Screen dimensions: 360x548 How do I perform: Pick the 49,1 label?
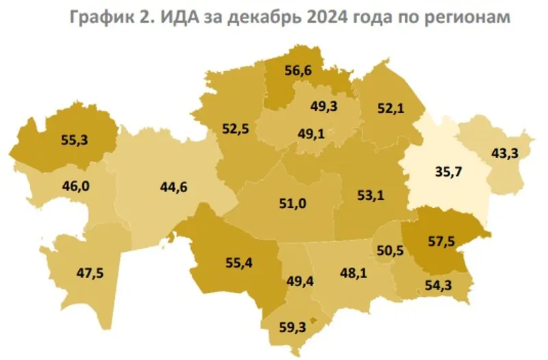[312, 134]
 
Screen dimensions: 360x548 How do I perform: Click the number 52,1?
[391, 107]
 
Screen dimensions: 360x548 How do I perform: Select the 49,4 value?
[297, 280]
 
